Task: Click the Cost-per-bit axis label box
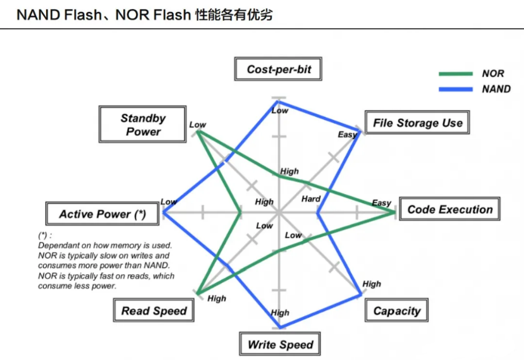click(x=278, y=69)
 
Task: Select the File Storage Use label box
click(x=417, y=122)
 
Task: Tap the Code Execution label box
click(x=450, y=209)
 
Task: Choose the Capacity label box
click(x=396, y=310)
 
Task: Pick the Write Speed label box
click(x=280, y=344)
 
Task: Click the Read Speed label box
click(x=154, y=310)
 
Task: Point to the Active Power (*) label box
click(x=102, y=214)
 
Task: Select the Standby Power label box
click(x=142, y=124)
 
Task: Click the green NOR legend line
click(x=455, y=74)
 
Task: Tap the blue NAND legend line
click(x=455, y=89)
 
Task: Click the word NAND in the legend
click(x=496, y=89)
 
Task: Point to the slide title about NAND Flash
click(x=145, y=15)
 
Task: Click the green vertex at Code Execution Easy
click(x=394, y=211)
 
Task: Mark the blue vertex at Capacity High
click(x=360, y=294)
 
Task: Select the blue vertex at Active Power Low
click(x=164, y=212)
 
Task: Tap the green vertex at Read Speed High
click(x=199, y=294)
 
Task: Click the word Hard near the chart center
click(x=311, y=199)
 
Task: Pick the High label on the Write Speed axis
click(x=280, y=313)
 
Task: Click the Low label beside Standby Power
click(x=198, y=124)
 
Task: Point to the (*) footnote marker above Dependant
click(x=45, y=236)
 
